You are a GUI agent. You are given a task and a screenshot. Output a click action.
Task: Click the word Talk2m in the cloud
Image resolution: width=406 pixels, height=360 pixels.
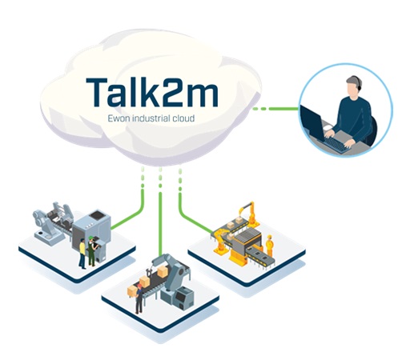[152, 92]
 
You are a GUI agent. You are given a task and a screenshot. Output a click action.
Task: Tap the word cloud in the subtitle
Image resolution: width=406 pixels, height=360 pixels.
[183, 118]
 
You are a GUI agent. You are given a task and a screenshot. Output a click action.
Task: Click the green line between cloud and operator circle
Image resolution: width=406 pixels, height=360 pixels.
[275, 109]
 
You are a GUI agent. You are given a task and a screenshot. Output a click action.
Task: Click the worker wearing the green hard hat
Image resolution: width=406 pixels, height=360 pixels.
[92, 250]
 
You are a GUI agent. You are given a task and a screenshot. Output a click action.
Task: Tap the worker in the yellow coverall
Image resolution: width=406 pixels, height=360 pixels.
[270, 246]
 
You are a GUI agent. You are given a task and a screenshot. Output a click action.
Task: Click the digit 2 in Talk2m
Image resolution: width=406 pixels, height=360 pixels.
[171, 93]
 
